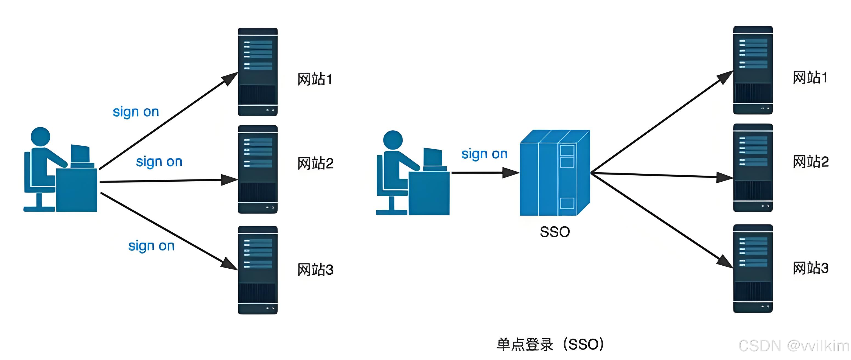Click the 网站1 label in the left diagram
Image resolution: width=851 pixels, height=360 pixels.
(x=315, y=79)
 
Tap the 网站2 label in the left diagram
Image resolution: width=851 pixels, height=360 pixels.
(x=315, y=164)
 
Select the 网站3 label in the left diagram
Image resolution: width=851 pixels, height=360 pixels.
(x=315, y=270)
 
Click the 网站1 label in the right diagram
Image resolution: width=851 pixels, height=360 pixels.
(x=810, y=78)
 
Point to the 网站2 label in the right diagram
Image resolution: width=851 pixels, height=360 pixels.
(x=810, y=162)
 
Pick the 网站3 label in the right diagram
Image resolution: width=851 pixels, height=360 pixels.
(x=810, y=268)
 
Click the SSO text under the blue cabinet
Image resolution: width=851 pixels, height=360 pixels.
(x=555, y=232)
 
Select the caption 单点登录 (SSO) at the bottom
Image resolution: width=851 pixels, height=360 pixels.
(x=550, y=344)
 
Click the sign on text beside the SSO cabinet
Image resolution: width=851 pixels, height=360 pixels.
(x=484, y=154)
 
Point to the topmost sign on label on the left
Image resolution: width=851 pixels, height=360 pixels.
(x=136, y=112)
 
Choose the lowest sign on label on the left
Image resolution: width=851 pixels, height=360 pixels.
(x=151, y=246)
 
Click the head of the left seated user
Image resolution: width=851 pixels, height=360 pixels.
(x=40, y=137)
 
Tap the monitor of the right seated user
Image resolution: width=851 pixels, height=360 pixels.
(x=433, y=157)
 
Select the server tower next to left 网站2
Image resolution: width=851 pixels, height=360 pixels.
(x=258, y=169)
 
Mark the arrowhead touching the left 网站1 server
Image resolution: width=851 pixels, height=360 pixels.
(x=230, y=78)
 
